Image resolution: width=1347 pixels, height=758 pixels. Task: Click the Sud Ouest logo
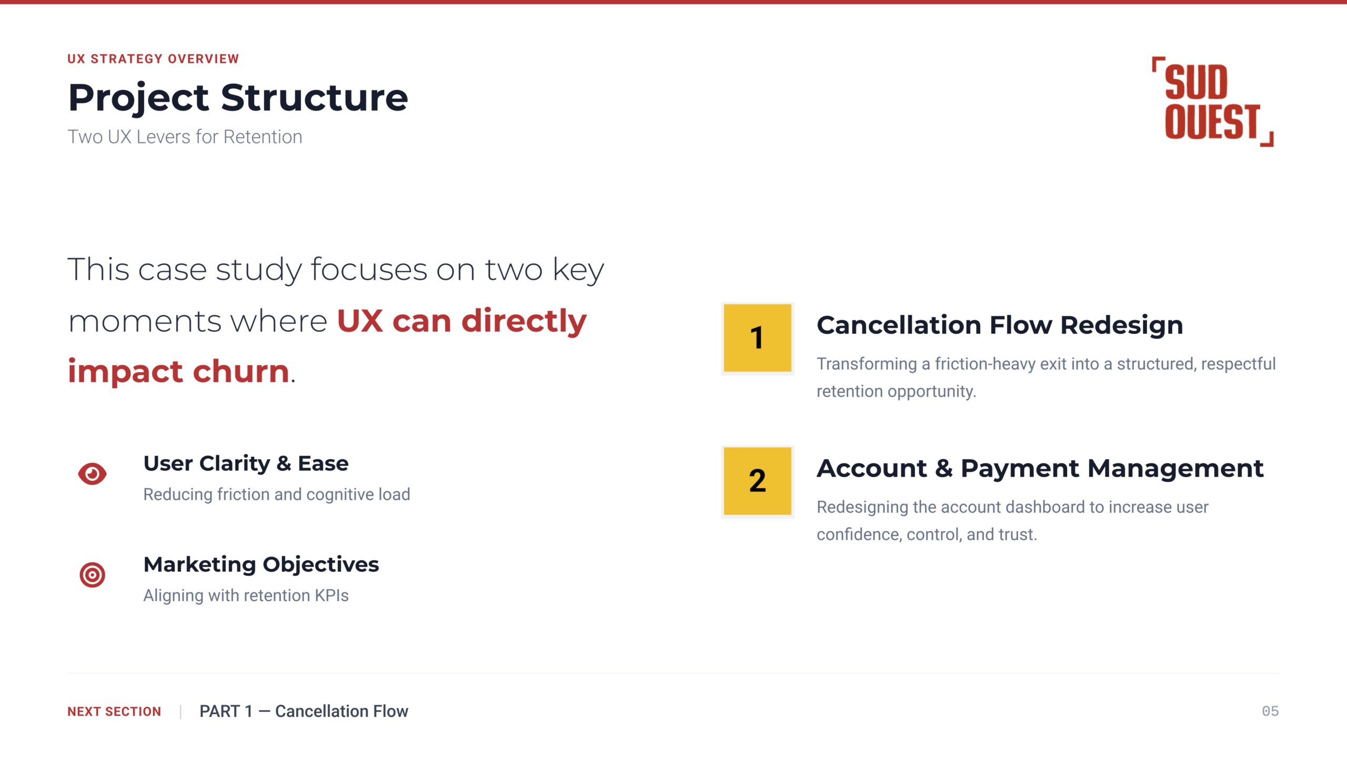pos(1212,102)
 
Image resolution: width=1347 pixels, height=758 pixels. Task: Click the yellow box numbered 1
pos(757,338)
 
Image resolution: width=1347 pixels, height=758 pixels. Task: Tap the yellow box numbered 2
pos(757,481)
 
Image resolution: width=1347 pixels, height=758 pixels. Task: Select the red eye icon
pos(92,474)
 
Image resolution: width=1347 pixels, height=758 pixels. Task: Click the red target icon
pos(92,575)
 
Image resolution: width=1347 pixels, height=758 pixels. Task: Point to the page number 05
pos(1270,711)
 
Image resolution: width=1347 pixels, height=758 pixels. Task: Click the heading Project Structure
pos(238,98)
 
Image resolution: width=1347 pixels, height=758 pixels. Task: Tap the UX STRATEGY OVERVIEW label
pos(153,59)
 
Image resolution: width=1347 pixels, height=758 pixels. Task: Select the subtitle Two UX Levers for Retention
pos(185,137)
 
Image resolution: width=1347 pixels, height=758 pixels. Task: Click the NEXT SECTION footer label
pos(114,712)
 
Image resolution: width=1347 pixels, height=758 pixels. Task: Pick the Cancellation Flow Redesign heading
pos(1000,325)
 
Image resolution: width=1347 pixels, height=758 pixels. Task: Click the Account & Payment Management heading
pos(1040,468)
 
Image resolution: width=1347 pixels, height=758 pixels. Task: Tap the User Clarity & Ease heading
pos(246,464)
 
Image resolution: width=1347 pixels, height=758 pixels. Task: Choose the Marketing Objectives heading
pos(261,565)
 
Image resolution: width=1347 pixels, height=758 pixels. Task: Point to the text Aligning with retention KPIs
pos(246,595)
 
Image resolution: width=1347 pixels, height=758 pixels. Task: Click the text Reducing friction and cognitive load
pos(277,495)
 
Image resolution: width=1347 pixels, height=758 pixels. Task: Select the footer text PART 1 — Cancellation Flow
pos(304,712)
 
